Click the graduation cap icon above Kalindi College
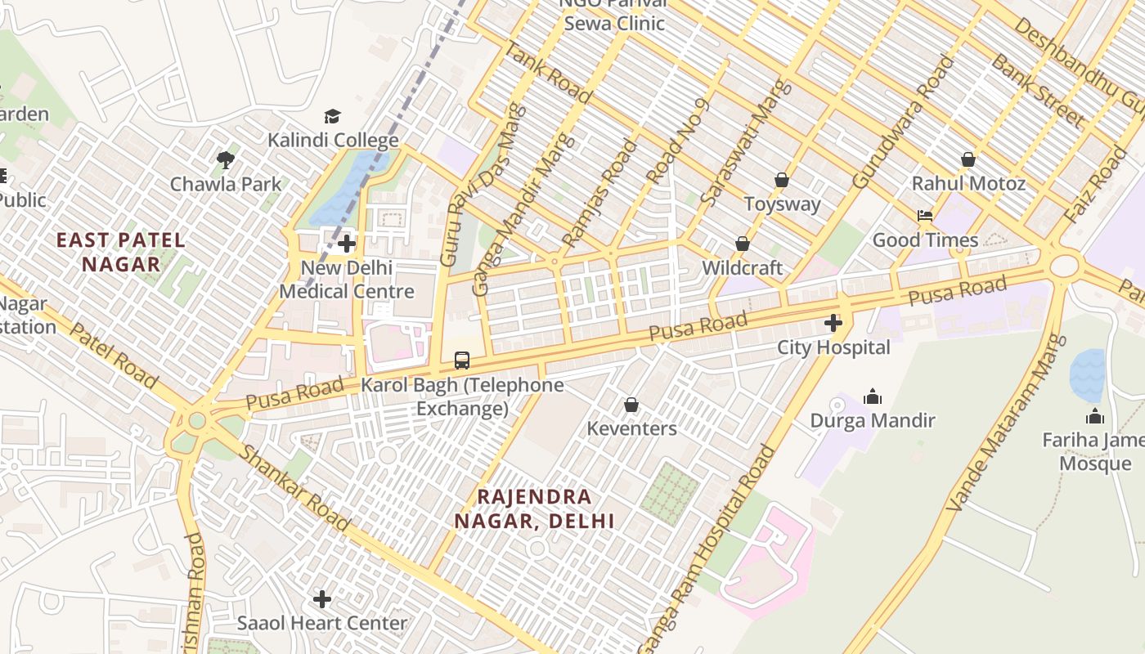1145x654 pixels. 332,117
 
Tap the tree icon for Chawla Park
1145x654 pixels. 226,160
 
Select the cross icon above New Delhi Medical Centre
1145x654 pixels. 347,244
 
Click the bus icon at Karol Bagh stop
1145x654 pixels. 462,360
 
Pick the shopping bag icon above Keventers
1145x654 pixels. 631,405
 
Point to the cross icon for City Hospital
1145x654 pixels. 833,324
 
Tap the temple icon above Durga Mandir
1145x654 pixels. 873,396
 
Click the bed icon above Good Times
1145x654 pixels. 925,216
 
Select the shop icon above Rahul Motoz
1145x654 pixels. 968,159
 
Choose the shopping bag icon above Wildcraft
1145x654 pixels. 743,244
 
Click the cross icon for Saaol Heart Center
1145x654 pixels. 322,599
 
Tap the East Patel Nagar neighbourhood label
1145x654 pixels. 121,252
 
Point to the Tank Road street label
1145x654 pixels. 547,72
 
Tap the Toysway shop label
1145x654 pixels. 782,204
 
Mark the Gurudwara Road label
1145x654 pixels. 903,122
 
